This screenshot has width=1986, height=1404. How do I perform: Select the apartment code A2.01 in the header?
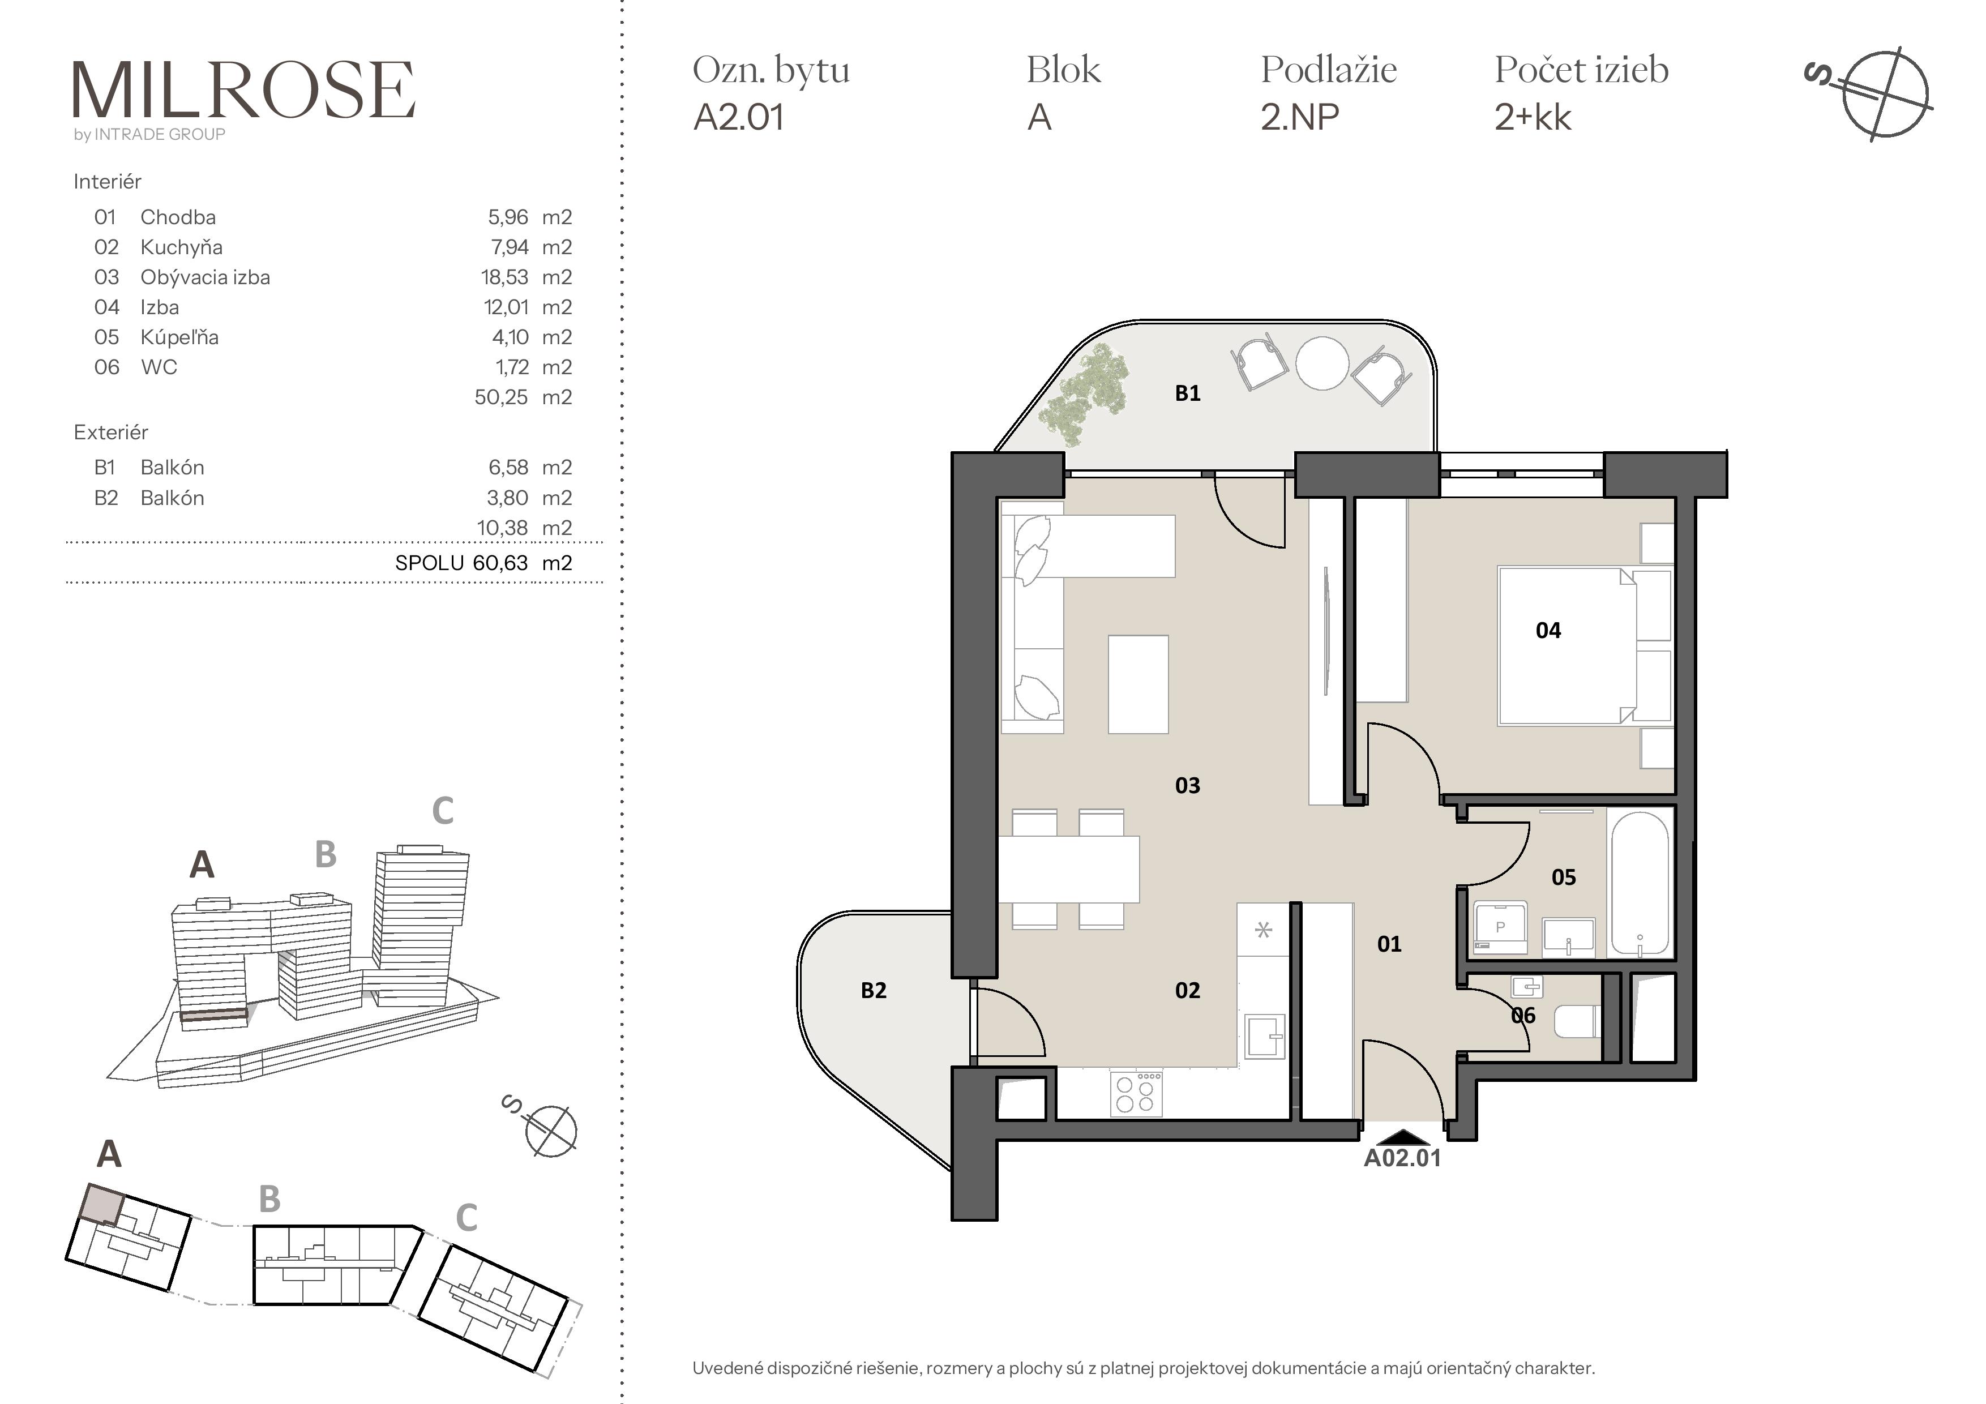tap(739, 117)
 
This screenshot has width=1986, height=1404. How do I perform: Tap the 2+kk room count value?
tap(1533, 117)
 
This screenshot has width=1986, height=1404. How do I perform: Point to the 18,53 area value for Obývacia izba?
tap(504, 277)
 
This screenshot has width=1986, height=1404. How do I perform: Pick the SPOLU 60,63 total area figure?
tap(483, 563)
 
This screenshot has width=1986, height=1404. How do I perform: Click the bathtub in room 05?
tap(1640, 883)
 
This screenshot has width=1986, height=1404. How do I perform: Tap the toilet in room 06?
tap(1577, 1021)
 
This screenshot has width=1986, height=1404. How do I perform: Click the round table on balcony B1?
tap(1322, 362)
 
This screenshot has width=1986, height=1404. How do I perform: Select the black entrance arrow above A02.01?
tap(1402, 1137)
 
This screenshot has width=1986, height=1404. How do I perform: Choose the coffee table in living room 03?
tap(1138, 684)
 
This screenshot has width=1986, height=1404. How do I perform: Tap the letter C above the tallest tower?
tap(442, 811)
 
